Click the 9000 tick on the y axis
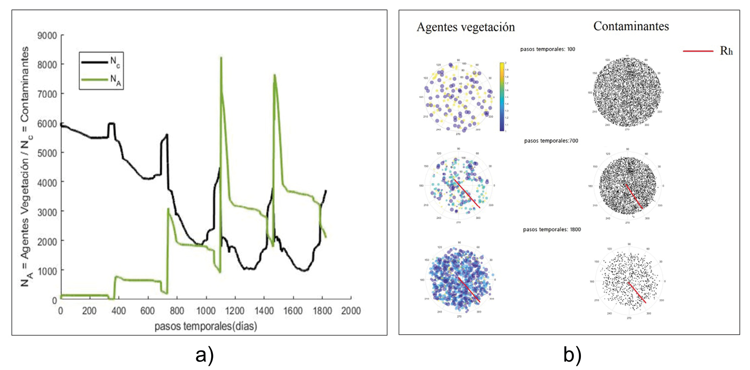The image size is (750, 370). click(47, 35)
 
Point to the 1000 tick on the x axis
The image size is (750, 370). click(206, 311)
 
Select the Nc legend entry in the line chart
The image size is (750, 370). click(101, 62)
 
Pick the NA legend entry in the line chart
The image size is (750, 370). click(101, 79)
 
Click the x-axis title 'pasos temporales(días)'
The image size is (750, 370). click(206, 327)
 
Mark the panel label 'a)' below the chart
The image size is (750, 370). click(204, 355)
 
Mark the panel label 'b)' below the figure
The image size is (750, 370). click(572, 355)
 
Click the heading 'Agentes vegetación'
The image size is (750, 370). click(466, 27)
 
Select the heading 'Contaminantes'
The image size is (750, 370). click(631, 26)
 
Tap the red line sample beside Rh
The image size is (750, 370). click(698, 51)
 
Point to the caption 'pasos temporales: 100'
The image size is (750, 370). click(547, 49)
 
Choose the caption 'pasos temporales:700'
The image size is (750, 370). click(551, 141)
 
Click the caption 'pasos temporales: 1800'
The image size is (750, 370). click(552, 229)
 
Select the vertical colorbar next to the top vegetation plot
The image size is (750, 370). click(502, 97)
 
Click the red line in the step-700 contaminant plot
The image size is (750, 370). click(634, 196)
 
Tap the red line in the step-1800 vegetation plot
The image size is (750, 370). click(469, 289)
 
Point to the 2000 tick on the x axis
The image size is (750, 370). click(351, 311)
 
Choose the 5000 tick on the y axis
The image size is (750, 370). click(47, 153)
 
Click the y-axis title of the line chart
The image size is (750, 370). click(25, 166)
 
